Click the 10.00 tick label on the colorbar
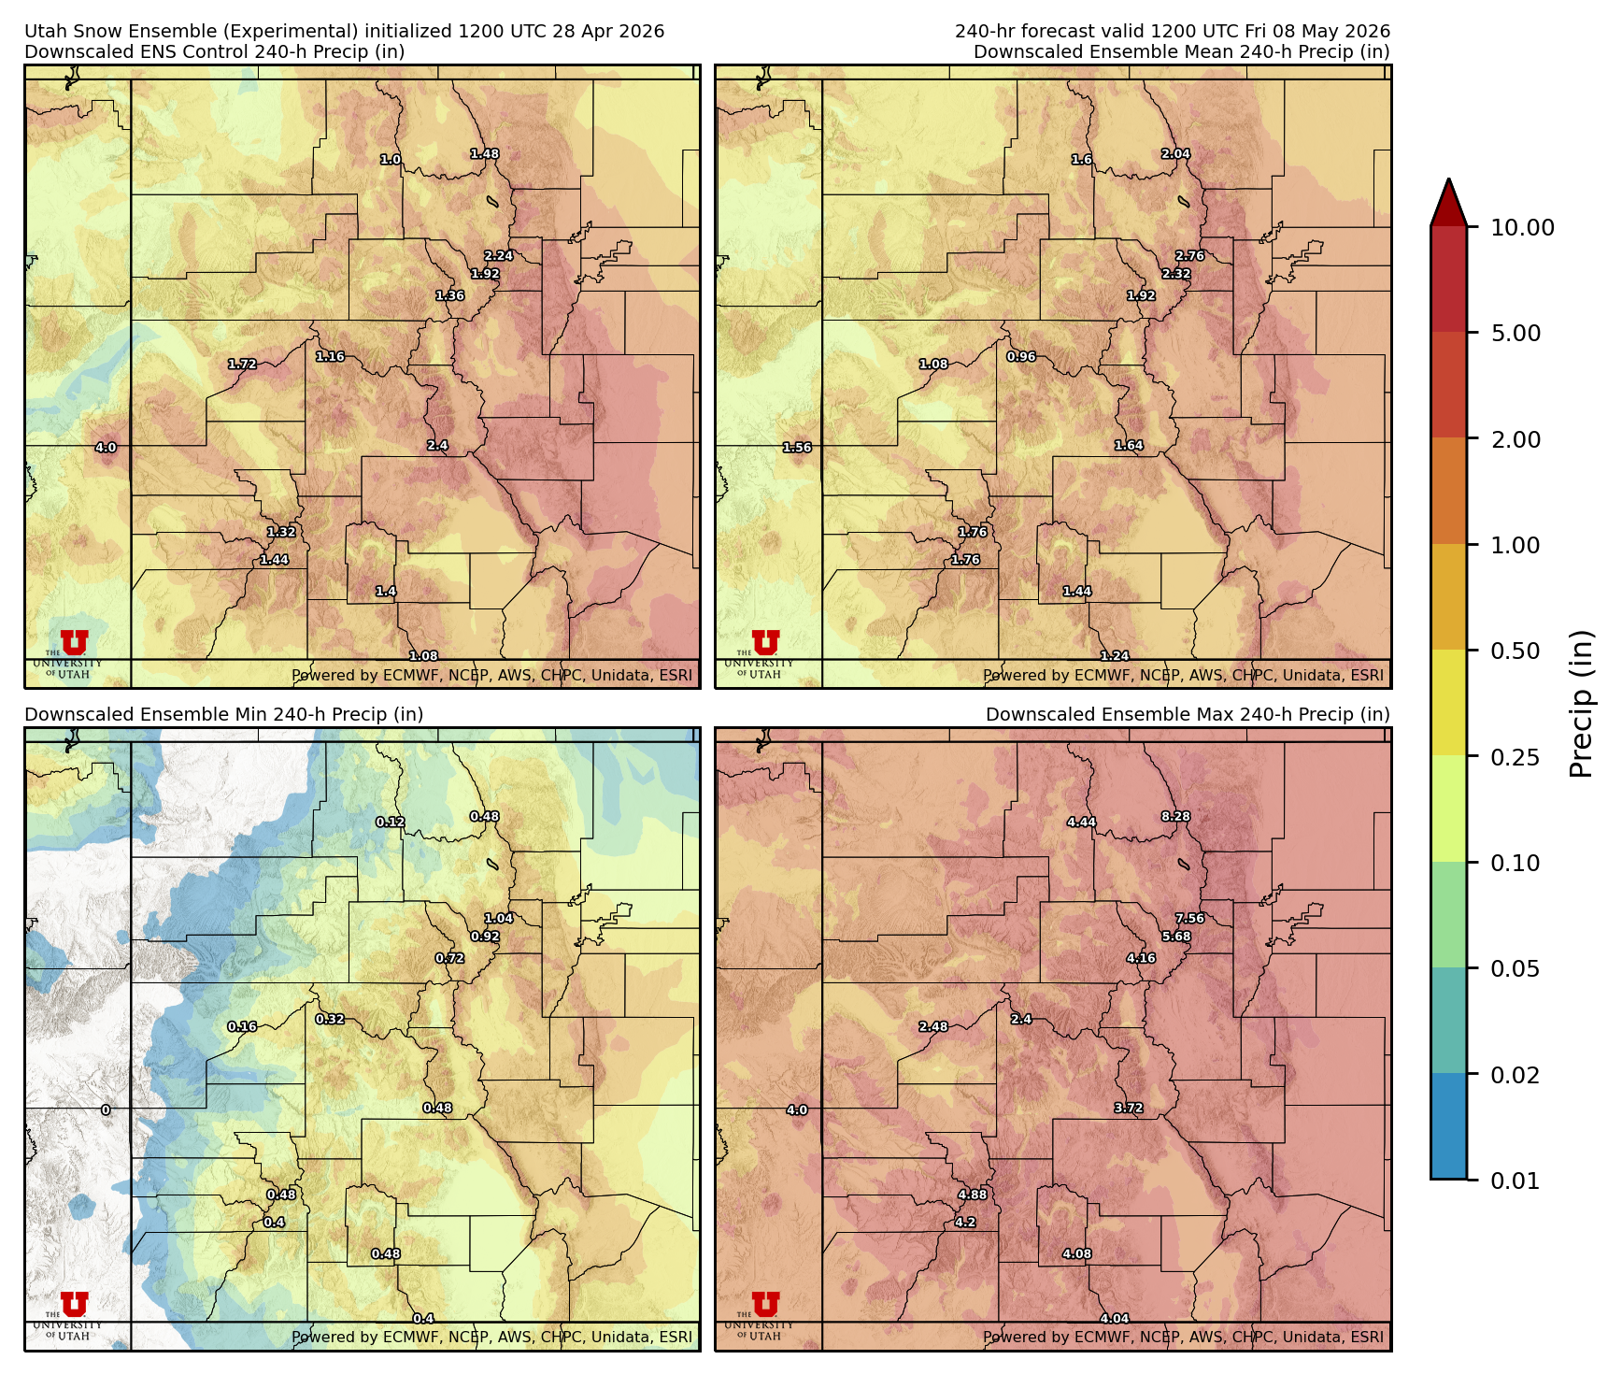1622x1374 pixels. tap(1522, 227)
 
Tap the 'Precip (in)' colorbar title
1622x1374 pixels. tap(1581, 703)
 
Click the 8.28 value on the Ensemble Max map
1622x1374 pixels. tap(1175, 816)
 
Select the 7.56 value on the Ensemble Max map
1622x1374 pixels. tap(1189, 918)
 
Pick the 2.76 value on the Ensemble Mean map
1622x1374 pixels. tap(1189, 255)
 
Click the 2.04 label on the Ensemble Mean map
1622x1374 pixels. tap(1175, 153)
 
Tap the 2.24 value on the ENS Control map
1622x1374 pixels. tap(498, 255)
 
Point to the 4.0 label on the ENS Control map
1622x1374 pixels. tap(106, 448)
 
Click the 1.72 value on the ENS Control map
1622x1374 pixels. tap(242, 364)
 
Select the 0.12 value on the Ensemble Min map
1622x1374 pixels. tap(390, 822)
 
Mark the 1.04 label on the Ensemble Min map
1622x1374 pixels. tap(498, 918)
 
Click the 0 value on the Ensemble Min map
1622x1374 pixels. tap(106, 1110)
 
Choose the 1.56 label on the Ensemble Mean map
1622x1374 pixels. tap(797, 448)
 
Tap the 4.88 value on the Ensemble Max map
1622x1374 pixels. tap(972, 1195)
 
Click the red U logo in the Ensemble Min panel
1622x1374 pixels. tap(74, 1304)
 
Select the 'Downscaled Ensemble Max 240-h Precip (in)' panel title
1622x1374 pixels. tap(1187, 714)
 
